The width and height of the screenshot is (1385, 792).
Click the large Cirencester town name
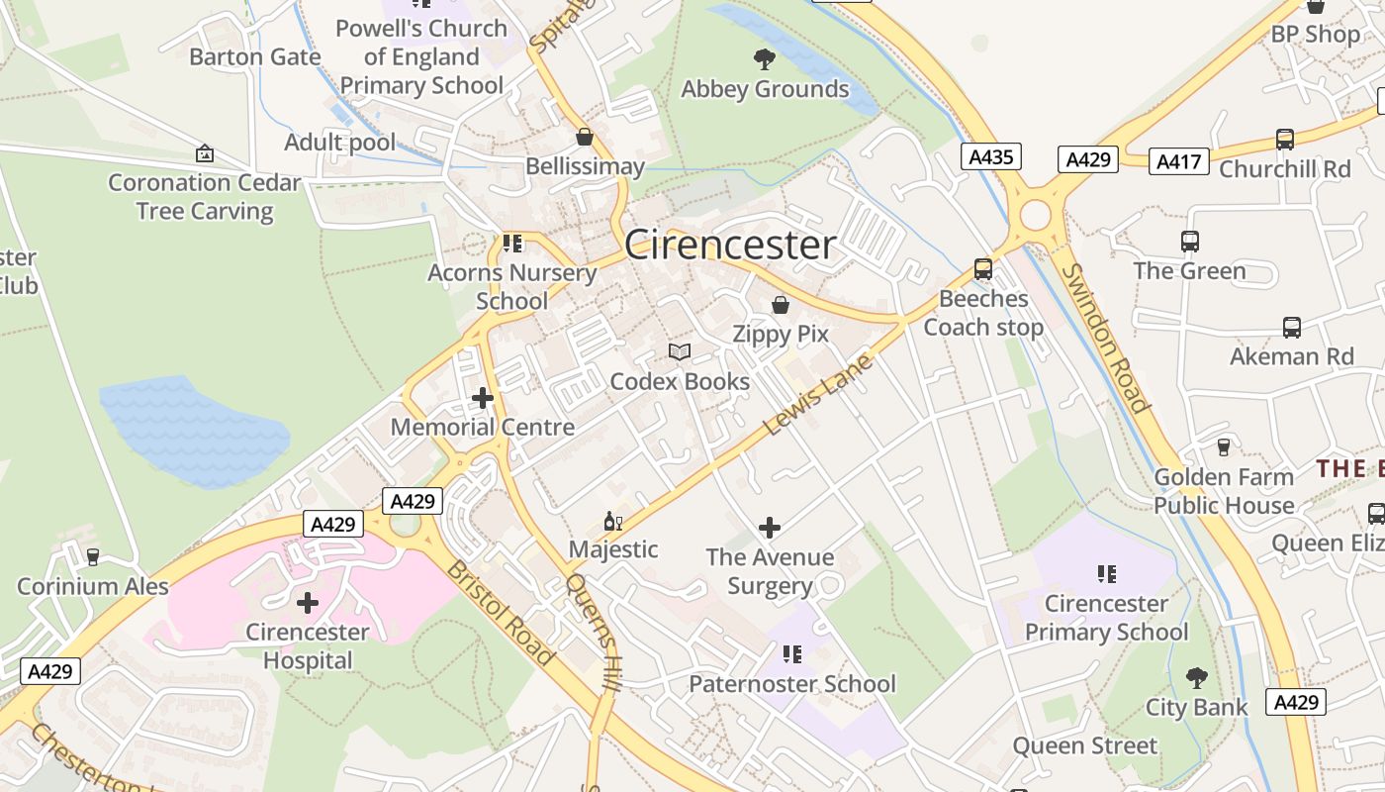(x=730, y=246)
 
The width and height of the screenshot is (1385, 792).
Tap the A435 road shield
(x=990, y=156)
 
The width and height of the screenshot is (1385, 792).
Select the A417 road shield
(x=1178, y=160)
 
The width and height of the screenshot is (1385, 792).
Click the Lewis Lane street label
(x=818, y=395)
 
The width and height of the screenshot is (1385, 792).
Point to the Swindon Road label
(x=1107, y=338)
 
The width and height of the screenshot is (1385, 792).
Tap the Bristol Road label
(x=500, y=614)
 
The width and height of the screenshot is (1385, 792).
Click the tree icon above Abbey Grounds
(x=765, y=59)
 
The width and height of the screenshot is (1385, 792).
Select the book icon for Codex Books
(x=680, y=352)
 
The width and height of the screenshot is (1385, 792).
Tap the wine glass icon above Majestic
(x=613, y=521)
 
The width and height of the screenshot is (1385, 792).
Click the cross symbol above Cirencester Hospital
(x=308, y=602)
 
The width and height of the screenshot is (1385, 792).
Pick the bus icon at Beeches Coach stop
(x=983, y=269)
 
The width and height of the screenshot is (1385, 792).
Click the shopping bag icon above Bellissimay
(x=585, y=137)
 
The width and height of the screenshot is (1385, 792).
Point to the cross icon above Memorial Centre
(x=483, y=398)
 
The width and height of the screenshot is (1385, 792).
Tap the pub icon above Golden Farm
(x=1224, y=447)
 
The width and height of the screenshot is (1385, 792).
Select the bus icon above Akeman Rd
(x=1292, y=327)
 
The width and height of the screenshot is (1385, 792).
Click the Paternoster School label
(x=792, y=684)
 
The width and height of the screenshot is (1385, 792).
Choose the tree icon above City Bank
(x=1197, y=678)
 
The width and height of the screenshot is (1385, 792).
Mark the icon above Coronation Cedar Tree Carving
(x=205, y=153)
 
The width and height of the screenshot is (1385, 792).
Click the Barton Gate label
(x=254, y=56)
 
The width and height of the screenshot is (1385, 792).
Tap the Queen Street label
(x=1084, y=745)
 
